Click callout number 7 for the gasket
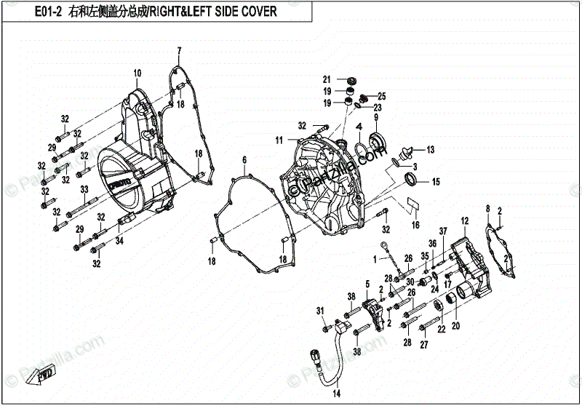[x=178, y=49]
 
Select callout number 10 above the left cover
[x=136, y=73]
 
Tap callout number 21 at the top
[x=327, y=79]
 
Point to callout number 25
[x=381, y=96]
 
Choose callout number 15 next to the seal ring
[x=436, y=181]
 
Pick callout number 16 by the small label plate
[x=415, y=226]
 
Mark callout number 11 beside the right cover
[x=278, y=140]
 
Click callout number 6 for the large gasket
[x=244, y=159]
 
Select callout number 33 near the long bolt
[x=84, y=189]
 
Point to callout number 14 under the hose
[x=337, y=394]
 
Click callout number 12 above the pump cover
[x=464, y=219]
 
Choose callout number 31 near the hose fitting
[x=319, y=311]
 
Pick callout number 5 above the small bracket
[x=368, y=283]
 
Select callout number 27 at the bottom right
[x=423, y=346]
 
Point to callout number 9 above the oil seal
[x=377, y=118]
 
